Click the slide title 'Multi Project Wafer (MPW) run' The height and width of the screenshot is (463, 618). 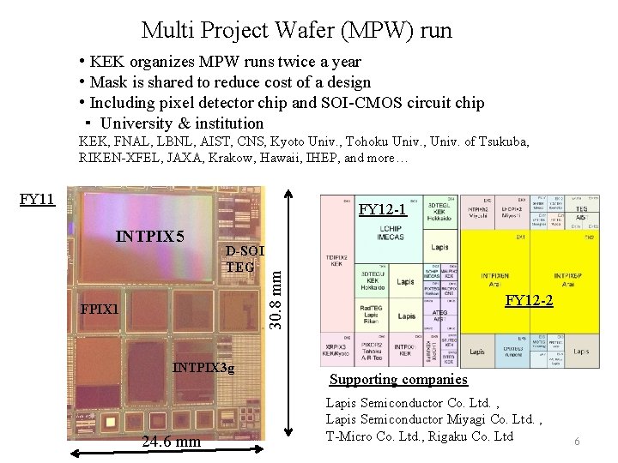click(x=296, y=31)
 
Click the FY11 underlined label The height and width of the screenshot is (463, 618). click(x=38, y=200)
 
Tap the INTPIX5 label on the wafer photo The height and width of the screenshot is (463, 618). click(x=150, y=235)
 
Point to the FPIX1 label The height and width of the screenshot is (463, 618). click(x=100, y=308)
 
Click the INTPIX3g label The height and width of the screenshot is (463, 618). click(x=203, y=368)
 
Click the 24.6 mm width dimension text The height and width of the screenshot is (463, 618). click(x=172, y=442)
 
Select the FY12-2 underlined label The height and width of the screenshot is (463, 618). click(x=529, y=300)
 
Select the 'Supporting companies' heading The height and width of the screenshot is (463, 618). click(x=399, y=379)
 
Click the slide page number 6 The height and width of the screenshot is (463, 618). click(x=577, y=441)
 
